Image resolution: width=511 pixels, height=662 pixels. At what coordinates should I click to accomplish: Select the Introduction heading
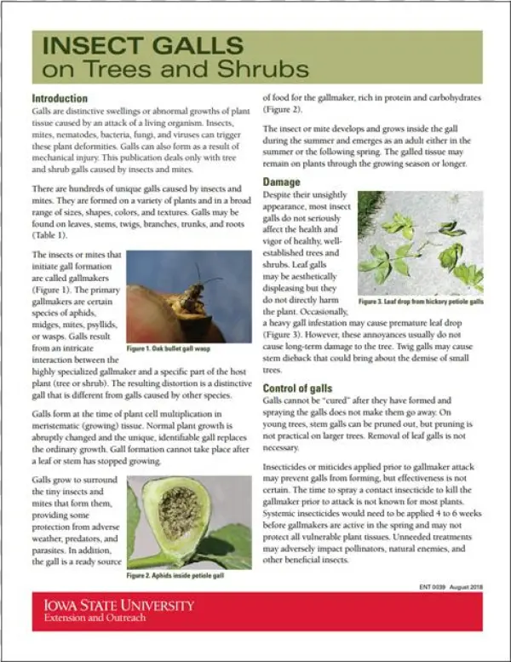tap(60, 99)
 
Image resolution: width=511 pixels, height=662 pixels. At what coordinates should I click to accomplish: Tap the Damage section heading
tap(281, 182)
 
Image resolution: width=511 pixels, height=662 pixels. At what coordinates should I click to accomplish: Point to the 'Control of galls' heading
tap(297, 388)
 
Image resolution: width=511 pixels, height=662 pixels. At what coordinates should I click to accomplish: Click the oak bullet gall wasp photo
tap(188, 296)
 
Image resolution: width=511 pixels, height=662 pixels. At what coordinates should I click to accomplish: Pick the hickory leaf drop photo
tap(420, 244)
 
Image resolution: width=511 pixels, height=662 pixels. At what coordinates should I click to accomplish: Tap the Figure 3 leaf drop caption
tap(421, 302)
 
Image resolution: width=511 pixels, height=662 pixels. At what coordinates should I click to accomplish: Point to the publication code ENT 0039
tap(433, 587)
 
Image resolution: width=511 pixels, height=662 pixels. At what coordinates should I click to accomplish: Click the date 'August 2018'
tap(468, 587)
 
